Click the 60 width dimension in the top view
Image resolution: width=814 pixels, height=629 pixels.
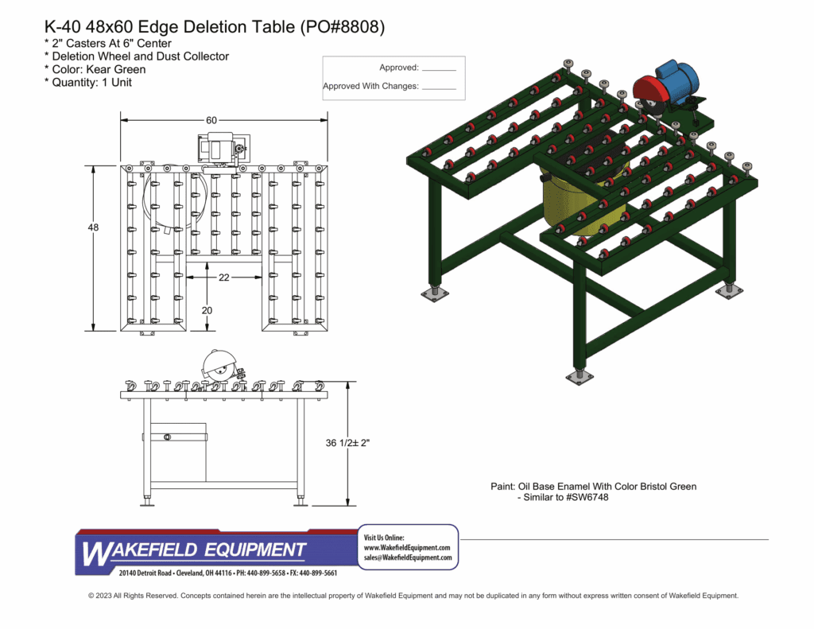211,120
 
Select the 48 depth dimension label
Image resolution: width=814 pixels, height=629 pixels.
93,227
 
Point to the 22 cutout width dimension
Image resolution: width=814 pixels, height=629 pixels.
223,278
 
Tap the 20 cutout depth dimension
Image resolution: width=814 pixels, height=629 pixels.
207,310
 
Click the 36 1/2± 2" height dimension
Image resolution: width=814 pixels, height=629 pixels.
347,443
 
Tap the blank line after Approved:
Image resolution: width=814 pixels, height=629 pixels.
439,70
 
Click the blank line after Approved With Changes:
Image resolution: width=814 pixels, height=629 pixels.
439,88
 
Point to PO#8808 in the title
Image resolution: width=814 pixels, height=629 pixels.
343,27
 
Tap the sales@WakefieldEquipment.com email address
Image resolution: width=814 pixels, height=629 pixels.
408,558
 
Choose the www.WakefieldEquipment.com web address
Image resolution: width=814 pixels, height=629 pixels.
407,548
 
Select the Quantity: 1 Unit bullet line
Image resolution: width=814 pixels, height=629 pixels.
88,83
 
